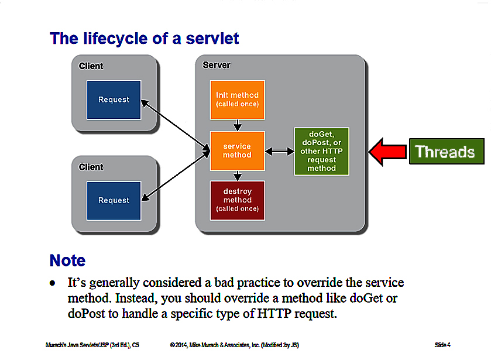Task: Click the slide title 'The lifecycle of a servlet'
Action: click(145, 39)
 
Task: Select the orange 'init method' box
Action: click(237, 99)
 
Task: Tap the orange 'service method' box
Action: click(237, 150)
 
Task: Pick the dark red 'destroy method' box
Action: click(237, 200)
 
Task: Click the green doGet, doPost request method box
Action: click(321, 151)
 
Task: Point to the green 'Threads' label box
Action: click(445, 152)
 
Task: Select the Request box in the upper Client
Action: click(114, 100)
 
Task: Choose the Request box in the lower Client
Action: click(114, 200)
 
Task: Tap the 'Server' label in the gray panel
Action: click(217, 65)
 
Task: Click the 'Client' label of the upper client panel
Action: click(91, 66)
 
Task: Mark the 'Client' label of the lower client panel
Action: click(91, 167)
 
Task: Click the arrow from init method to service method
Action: click(237, 125)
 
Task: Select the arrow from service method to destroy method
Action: click(237, 176)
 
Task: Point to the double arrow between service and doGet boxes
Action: click(279, 151)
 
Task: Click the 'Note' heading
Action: click(68, 260)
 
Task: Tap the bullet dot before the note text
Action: click(53, 283)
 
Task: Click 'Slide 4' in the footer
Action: click(442, 345)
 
